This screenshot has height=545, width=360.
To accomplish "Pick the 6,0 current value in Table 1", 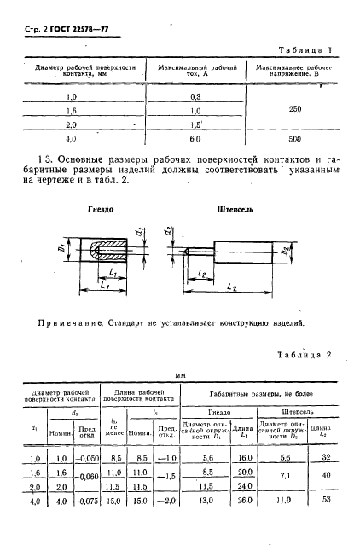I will [x=195, y=137].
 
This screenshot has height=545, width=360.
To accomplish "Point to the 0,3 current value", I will [x=195, y=97].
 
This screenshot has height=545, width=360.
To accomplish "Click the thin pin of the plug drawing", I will [x=198, y=252].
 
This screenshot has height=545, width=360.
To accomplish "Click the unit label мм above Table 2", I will [x=180, y=374].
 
